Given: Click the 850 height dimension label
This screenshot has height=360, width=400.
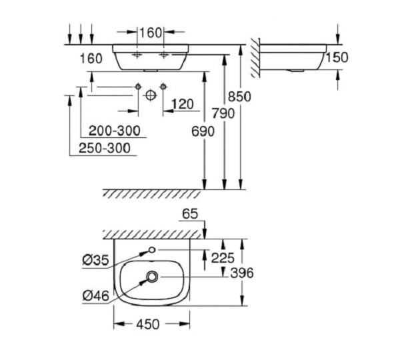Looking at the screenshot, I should (x=240, y=97).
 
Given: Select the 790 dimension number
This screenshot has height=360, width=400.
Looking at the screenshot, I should (x=223, y=113).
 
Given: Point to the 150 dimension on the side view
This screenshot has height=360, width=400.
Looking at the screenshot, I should (x=339, y=57).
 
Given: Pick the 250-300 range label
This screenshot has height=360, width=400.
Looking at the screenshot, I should (x=104, y=148).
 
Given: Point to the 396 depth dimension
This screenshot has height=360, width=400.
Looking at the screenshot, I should (x=242, y=273).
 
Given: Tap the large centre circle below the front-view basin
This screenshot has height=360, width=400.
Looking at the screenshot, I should (x=150, y=95).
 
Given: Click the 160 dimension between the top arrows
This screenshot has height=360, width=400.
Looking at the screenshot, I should (x=150, y=31).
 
